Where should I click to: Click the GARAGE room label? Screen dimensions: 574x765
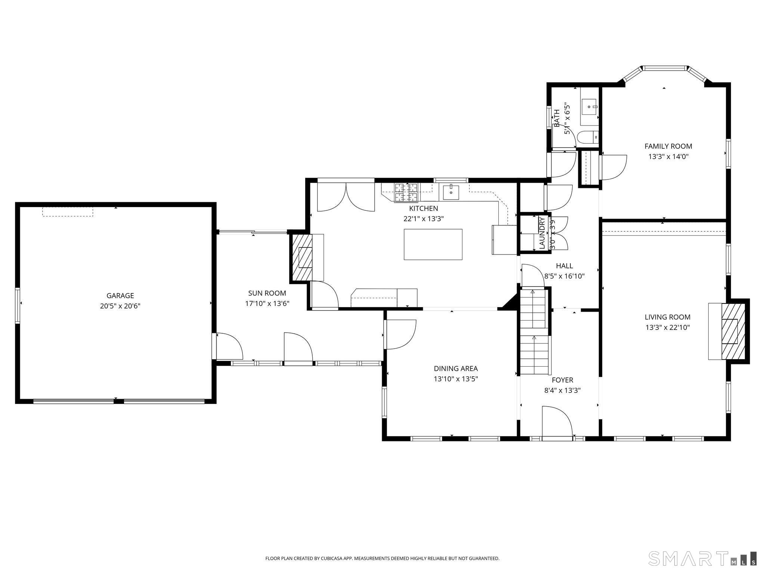pos(120,296)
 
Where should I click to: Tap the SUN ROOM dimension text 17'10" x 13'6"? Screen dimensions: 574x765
pos(267,303)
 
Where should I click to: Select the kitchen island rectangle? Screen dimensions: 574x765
pos(433,244)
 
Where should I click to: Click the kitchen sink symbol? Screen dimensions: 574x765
pos(451,192)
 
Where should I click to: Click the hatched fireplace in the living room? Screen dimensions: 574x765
pos(733,331)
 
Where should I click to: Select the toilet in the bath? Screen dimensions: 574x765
pos(588,138)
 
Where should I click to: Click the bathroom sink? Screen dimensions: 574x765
pos(590,107)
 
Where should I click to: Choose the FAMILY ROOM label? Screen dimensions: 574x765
pos(668,146)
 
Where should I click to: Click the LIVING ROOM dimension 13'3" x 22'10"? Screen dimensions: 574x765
pos(667,328)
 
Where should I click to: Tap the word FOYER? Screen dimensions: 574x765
pos(562,380)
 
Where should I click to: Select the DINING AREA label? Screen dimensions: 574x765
pos(455,368)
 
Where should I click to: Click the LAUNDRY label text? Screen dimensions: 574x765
pos(542,233)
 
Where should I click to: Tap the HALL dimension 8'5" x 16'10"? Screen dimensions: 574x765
pos(564,277)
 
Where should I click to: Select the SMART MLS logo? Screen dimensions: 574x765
pos(702,558)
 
